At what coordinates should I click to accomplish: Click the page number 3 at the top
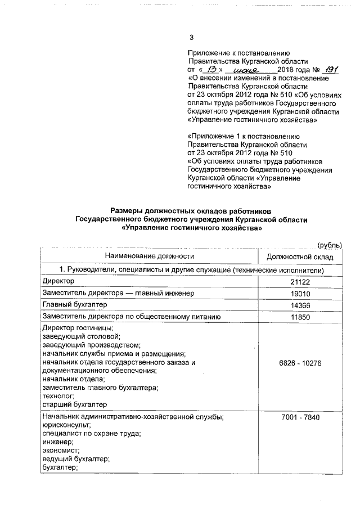(x=192, y=38)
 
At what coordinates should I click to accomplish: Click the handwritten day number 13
(x=211, y=69)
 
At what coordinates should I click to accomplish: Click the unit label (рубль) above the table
(x=330, y=245)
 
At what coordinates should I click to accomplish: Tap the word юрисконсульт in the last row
(x=65, y=426)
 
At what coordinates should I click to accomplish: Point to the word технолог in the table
(x=58, y=396)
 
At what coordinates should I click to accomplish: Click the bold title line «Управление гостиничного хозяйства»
(x=191, y=228)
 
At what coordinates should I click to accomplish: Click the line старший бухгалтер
(x=74, y=404)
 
